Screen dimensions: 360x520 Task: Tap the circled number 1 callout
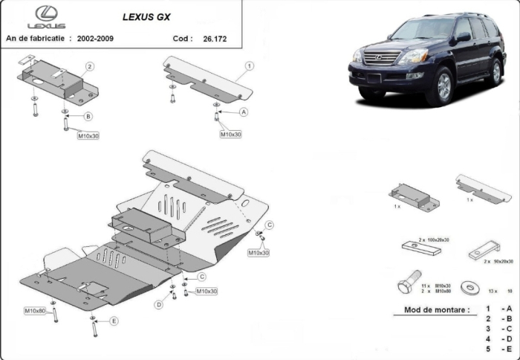[x=250, y=66]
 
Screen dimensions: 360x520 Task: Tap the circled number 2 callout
[x=89, y=67]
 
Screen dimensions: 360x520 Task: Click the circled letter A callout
[x=243, y=112]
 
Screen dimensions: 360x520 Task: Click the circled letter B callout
[x=88, y=117]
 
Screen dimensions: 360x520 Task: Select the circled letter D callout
[x=159, y=304]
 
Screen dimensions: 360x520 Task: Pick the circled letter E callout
[x=114, y=321]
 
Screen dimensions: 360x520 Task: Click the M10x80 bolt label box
[x=35, y=310]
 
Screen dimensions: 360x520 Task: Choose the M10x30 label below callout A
[x=230, y=134]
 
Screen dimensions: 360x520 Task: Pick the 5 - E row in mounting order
[x=498, y=347]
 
